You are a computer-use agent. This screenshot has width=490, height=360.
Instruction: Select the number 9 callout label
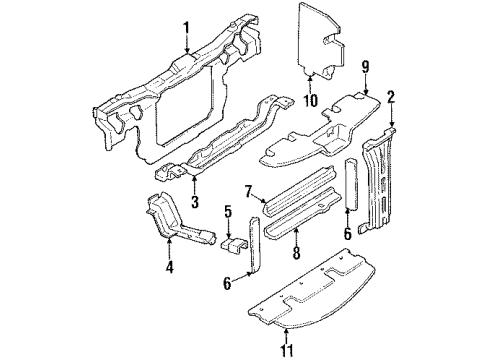click(x=365, y=68)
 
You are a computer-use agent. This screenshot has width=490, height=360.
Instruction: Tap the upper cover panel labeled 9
click(x=320, y=130)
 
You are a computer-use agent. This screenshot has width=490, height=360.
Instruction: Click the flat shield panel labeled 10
click(x=326, y=40)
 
